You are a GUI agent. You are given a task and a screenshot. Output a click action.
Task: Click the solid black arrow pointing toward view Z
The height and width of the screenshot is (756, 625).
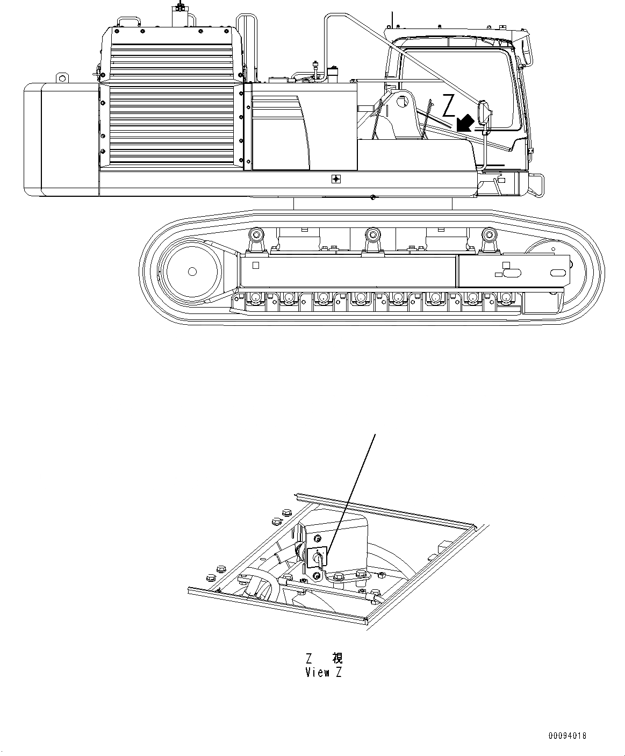point(465,122)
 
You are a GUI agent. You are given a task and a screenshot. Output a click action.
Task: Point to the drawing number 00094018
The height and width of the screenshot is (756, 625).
point(567,735)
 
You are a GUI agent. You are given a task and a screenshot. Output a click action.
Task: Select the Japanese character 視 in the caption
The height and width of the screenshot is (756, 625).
point(337,658)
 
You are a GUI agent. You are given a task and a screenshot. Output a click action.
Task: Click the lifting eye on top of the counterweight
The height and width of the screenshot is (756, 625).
point(63,79)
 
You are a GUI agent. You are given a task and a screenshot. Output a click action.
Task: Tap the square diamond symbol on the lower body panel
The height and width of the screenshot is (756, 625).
point(336,179)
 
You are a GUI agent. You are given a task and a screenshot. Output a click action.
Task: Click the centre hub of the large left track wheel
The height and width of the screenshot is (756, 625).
point(192,272)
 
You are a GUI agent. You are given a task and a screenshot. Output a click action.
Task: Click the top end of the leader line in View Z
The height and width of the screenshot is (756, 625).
point(374,435)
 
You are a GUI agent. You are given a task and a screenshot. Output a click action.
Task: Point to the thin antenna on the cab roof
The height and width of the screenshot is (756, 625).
point(392,19)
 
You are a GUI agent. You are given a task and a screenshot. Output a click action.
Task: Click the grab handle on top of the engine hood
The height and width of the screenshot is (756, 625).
point(130,20)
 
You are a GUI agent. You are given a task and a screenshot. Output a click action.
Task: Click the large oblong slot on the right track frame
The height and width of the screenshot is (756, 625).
point(510,273)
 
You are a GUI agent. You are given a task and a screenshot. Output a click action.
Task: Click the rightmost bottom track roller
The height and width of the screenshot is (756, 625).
point(505,297)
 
